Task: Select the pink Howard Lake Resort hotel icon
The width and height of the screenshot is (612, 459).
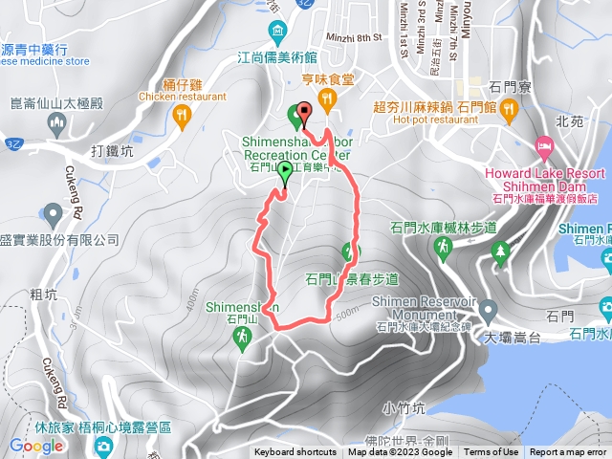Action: (x=545, y=149)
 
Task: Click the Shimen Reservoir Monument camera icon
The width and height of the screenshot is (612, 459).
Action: (x=489, y=311)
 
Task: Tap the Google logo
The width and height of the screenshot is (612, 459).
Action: (x=35, y=446)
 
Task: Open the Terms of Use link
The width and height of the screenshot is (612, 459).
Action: (x=492, y=452)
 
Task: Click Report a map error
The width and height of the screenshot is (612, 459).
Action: (x=569, y=452)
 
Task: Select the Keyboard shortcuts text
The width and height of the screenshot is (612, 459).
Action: (x=295, y=452)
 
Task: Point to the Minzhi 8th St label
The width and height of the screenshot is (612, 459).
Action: (x=354, y=37)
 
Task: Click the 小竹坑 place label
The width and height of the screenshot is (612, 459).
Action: (x=402, y=407)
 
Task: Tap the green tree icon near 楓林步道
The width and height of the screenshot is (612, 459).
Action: (x=499, y=253)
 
